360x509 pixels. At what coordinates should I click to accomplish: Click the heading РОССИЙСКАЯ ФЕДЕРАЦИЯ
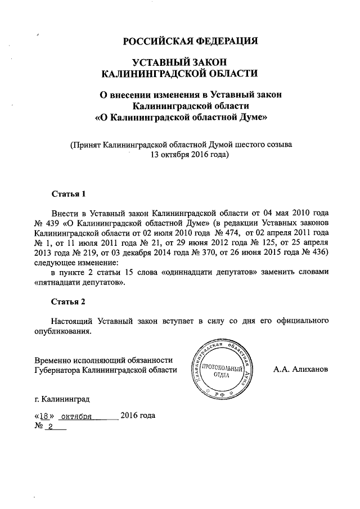click(x=191, y=41)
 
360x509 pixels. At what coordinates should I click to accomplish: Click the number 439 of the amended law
click(x=53, y=223)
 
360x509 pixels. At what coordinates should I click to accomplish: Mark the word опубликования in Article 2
click(x=62, y=331)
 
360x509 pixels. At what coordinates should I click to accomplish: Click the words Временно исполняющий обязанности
click(x=103, y=360)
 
